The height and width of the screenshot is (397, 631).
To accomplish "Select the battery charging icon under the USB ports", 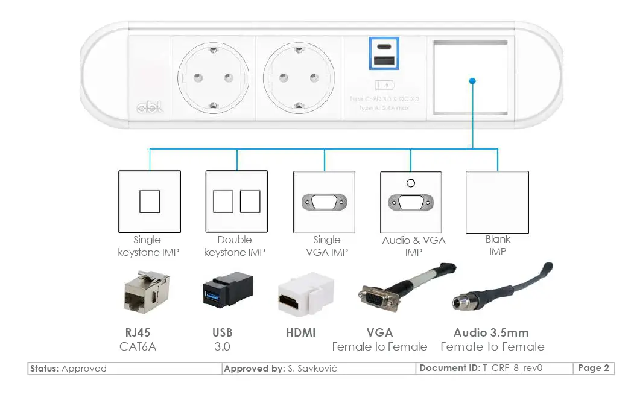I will point(384,84).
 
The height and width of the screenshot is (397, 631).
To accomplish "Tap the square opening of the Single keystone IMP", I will point(150,202).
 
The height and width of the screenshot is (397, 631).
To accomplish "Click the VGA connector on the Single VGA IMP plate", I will point(324,202).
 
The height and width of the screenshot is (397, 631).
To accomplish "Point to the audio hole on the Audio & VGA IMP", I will point(411,183).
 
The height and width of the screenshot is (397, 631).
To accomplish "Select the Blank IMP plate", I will point(497,202).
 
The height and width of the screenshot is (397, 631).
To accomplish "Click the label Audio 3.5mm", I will point(490,332).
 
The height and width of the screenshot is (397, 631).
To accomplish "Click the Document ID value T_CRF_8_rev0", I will point(512,368).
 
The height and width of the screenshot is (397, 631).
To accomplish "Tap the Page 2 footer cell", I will point(594,368).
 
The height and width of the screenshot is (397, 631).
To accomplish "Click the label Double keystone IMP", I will point(234,246).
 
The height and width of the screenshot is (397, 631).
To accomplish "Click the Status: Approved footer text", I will point(68,368).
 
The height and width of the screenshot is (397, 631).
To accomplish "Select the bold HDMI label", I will point(300,332).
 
